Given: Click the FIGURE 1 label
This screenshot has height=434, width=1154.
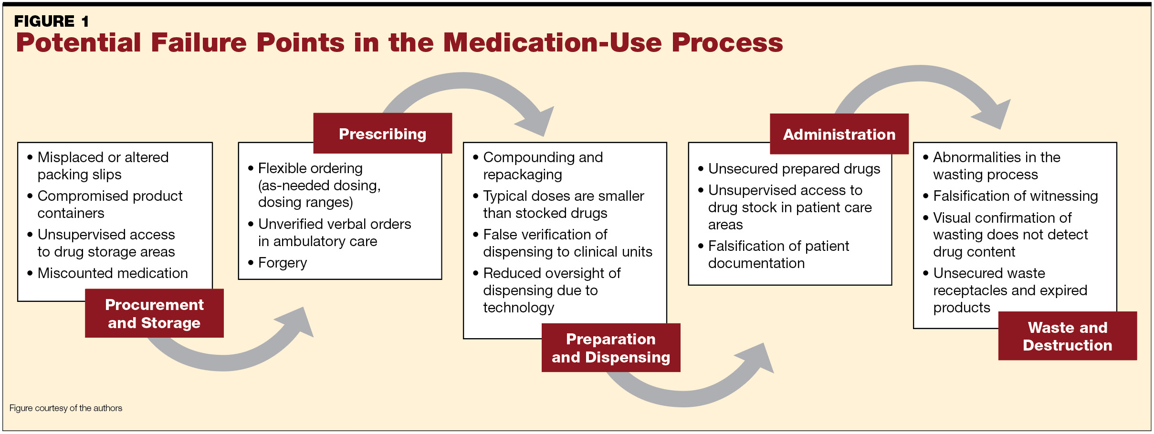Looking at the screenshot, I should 51,21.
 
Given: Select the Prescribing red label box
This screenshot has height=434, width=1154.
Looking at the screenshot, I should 382,134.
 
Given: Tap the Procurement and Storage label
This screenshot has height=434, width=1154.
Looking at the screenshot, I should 154,313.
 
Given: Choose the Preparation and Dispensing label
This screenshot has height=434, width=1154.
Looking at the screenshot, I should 610,348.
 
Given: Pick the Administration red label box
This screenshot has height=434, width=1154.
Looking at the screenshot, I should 839,134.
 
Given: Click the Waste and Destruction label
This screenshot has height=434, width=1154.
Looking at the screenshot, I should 1067,336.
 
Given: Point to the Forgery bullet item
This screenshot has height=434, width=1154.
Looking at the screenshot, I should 282,262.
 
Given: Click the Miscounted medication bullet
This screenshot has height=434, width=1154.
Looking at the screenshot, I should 112,273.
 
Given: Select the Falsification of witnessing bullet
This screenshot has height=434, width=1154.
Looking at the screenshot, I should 1015,196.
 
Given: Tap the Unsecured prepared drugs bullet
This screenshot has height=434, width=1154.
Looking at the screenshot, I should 794,168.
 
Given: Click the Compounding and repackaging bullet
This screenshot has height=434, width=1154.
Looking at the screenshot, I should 542,165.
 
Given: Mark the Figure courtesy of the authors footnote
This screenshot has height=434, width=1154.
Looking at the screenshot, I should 66,408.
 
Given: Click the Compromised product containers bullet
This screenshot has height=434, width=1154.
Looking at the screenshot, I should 109,204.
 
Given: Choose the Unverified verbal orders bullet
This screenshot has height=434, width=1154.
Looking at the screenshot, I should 334,232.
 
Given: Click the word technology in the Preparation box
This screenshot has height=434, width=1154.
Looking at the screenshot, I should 518,307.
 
